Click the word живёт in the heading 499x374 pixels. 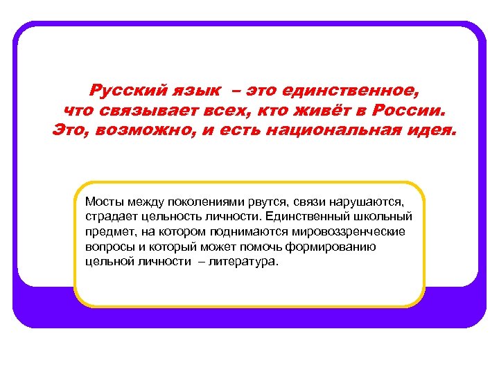[331, 110]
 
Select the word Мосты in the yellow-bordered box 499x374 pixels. [103, 202]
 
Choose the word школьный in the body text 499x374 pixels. [387, 217]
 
